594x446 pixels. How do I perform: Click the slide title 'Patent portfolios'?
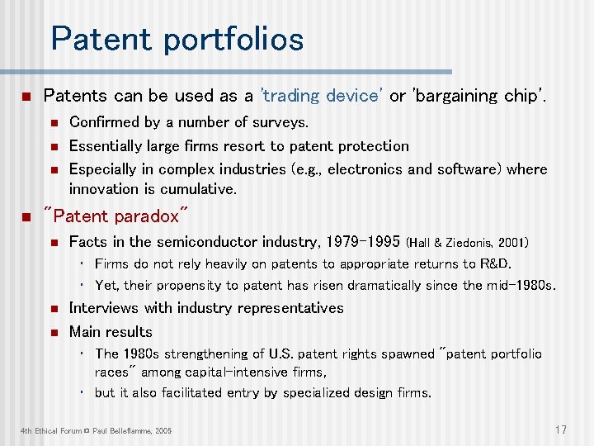177,39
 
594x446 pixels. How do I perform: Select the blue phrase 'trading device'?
322,96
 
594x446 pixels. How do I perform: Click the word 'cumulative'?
193,189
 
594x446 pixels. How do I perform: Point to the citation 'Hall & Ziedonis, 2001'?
468,243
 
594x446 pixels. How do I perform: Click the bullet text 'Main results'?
111,332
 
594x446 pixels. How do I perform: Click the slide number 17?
560,429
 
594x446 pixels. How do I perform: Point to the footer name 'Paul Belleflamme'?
120,431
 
